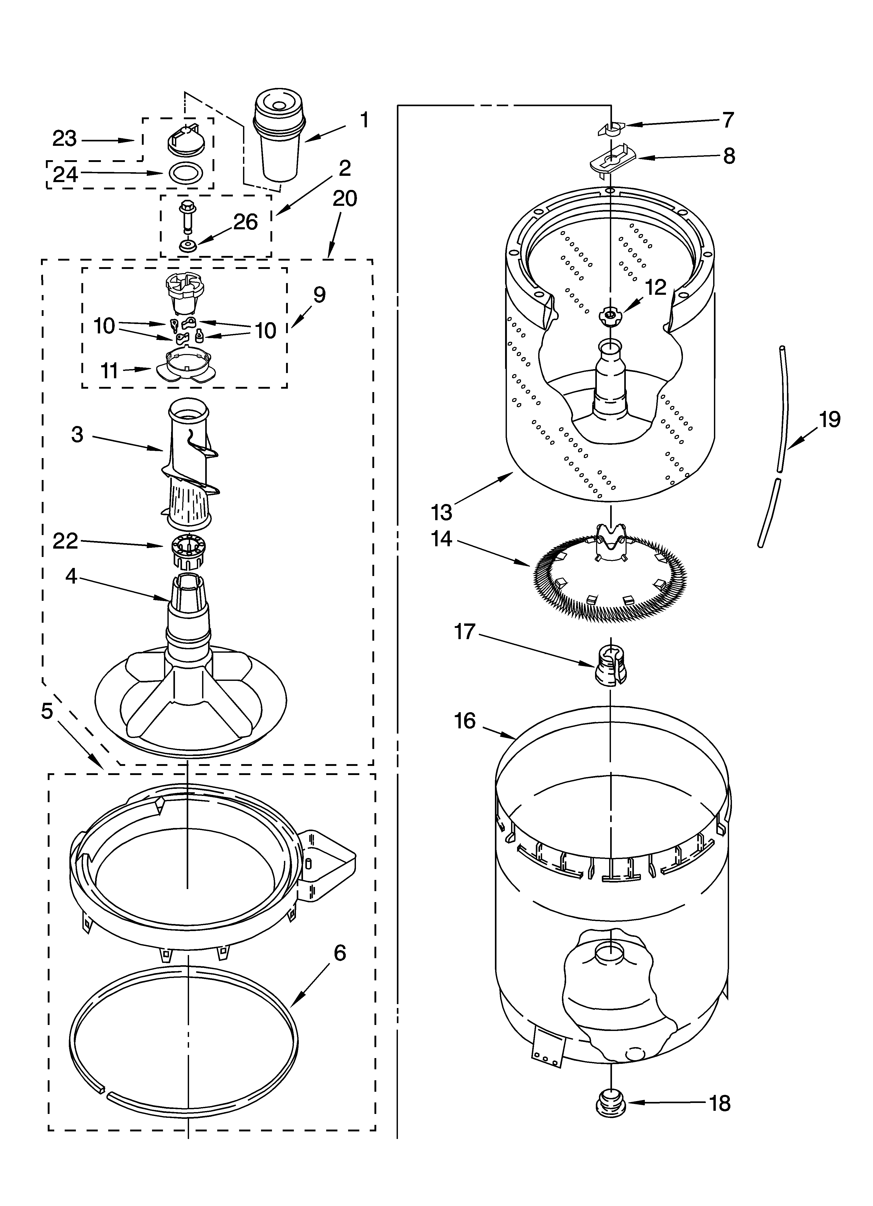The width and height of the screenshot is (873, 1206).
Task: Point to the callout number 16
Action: coord(465,721)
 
